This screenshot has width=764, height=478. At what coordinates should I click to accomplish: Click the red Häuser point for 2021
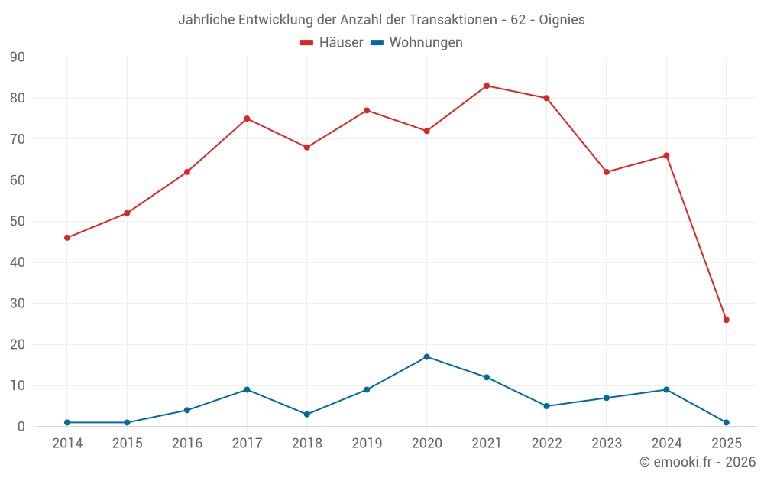point(487,86)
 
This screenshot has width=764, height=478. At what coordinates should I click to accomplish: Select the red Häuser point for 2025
point(726,320)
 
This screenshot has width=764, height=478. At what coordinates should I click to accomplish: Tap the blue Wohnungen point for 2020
point(426,357)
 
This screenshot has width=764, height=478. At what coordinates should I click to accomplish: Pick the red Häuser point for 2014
point(67,238)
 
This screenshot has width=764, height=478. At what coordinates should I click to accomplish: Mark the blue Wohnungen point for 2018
point(307,415)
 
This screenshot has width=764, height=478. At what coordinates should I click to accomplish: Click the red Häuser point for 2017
point(247,119)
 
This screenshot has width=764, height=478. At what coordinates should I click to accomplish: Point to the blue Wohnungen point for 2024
point(666,390)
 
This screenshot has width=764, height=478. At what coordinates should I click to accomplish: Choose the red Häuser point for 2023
point(607,172)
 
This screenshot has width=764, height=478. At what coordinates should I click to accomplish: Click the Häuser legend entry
point(332,43)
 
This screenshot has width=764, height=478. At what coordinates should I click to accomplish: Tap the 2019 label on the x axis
point(367,444)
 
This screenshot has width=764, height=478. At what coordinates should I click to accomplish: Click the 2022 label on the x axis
point(546,444)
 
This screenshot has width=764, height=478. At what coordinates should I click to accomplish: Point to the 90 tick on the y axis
point(18,57)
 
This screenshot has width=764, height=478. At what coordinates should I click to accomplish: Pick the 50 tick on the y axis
point(18,222)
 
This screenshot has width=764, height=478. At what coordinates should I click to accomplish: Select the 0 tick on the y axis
point(21,427)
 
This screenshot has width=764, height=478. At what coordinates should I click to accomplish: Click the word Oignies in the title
point(561,20)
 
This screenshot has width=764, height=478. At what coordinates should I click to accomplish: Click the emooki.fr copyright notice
point(697,462)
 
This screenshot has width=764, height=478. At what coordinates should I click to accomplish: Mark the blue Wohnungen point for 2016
point(187,411)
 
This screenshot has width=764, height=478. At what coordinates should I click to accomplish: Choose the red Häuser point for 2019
point(367,110)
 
